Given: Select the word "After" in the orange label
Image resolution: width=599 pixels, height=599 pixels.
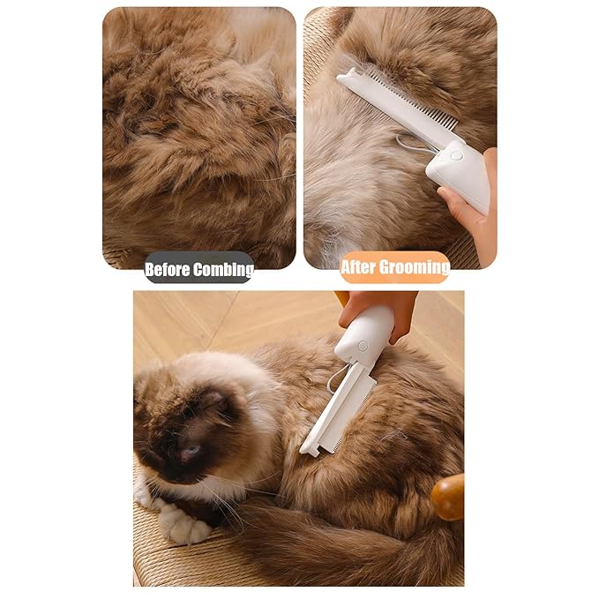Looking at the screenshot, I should tap(362, 266).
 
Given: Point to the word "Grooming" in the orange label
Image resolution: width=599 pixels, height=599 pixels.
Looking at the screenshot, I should tap(417, 266).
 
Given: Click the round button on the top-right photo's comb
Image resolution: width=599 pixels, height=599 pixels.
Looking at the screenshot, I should tap(456, 155).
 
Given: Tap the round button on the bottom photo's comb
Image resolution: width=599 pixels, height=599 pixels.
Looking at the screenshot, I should tap(363, 347).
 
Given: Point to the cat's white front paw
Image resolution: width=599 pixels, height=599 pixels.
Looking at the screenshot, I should tap(186, 526).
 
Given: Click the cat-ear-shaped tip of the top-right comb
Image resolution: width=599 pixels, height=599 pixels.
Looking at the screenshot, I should tap(349, 78).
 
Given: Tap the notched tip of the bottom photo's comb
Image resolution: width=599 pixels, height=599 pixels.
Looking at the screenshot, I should tap(311, 448).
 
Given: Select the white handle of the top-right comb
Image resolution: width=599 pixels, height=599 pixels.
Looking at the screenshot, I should tap(463, 172).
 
